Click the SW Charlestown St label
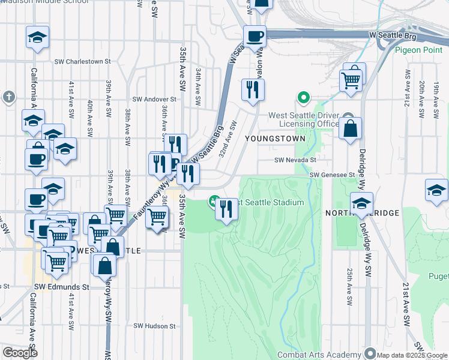[83, 61]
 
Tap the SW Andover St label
[155, 99]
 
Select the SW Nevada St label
[295, 160]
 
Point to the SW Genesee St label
[333, 175]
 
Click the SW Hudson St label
[154, 326]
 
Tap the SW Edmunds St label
[61, 287]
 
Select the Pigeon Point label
[419, 50]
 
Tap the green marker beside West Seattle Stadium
[213, 201]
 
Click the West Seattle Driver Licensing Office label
[304, 119]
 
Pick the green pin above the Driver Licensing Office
[304, 97]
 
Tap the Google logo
[19, 353]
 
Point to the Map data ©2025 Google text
[411, 355]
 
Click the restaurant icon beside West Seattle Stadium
[226, 209]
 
